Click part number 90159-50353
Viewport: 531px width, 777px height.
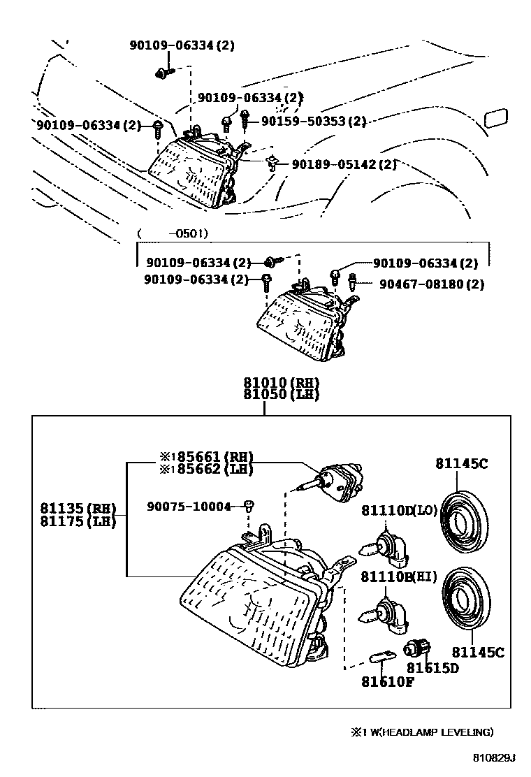pos(314,122)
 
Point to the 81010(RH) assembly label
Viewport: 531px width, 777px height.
pos(281,383)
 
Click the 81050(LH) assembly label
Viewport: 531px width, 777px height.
pos(281,394)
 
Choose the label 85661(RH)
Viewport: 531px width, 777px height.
pos(208,458)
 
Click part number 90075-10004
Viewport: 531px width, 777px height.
pos(189,506)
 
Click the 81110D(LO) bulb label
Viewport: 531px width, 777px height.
pos(399,511)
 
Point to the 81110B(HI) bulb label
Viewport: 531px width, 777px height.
pos(399,576)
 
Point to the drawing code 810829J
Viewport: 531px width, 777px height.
pos(490,757)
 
